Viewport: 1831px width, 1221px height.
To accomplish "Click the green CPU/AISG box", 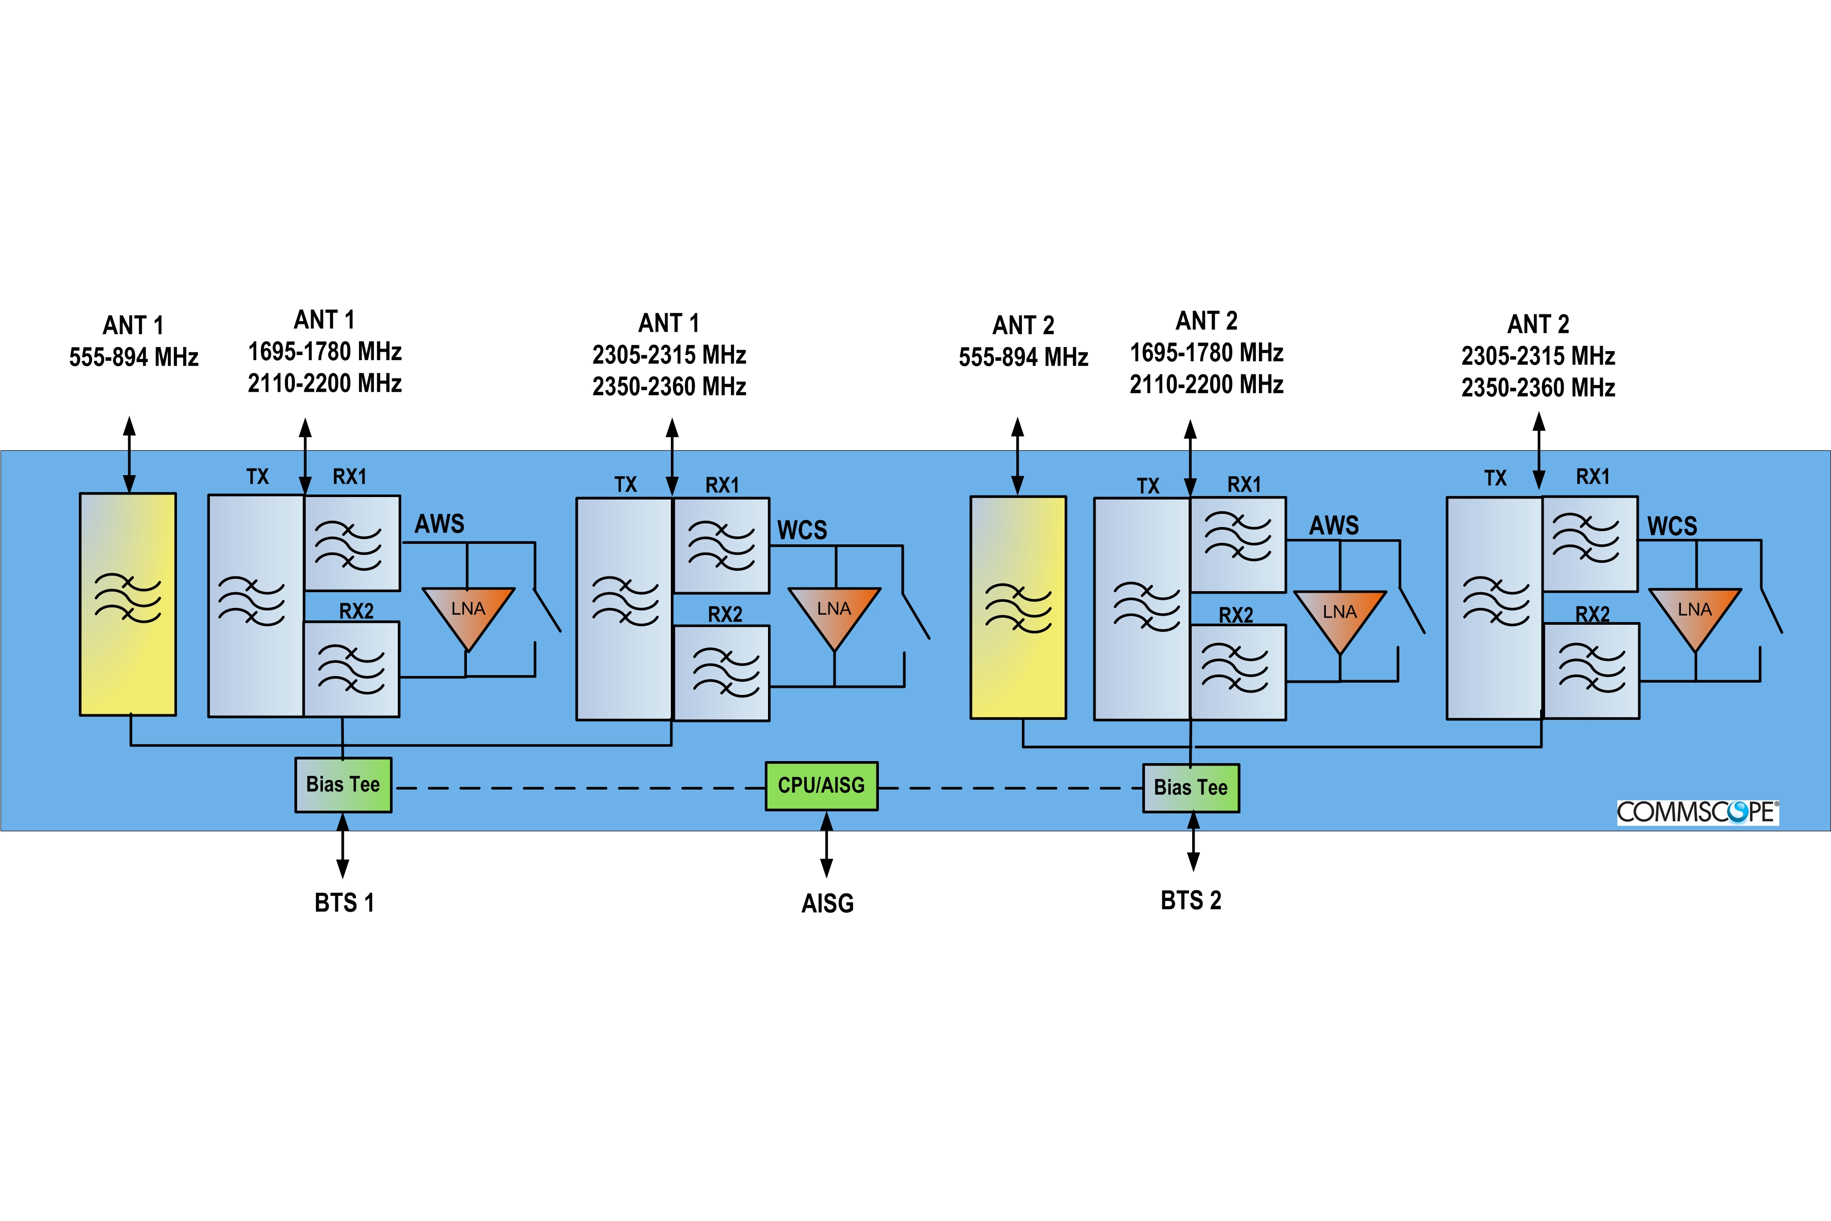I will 821,786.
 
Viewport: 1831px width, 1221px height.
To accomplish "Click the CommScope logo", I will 1697,812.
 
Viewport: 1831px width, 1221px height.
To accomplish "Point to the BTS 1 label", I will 344,903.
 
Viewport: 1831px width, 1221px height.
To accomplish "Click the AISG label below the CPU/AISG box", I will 828,904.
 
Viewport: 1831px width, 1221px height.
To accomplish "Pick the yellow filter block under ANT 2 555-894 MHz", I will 1018,607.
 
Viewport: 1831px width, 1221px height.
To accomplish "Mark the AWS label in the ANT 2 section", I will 1334,526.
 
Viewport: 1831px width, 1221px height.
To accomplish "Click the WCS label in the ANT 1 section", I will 802,530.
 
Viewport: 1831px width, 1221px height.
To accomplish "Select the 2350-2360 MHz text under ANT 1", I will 669,386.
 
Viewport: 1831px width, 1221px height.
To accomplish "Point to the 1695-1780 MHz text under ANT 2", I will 1206,353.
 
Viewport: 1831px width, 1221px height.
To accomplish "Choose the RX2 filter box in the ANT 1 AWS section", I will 351,669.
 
